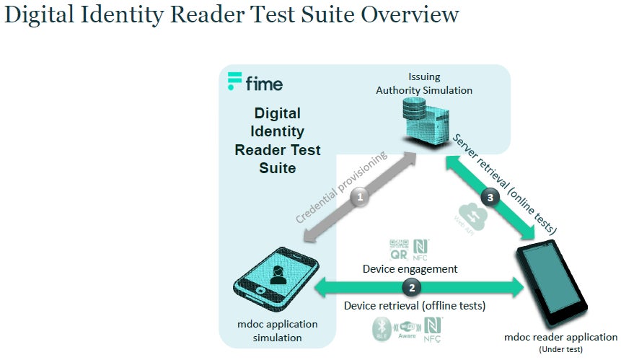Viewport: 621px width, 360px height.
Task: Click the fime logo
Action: (x=255, y=82)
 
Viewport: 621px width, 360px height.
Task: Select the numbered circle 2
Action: (x=412, y=287)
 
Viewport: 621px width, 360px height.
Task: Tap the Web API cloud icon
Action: (x=468, y=216)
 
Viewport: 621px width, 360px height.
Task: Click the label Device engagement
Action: (x=410, y=268)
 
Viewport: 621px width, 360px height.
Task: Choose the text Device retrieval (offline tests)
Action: (x=414, y=306)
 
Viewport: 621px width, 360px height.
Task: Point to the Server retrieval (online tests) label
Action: (x=505, y=185)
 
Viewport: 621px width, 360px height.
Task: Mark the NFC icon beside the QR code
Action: (x=420, y=248)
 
